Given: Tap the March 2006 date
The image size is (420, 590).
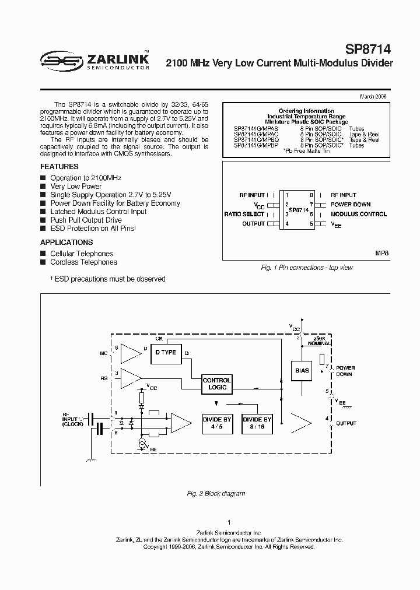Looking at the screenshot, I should tap(373, 97).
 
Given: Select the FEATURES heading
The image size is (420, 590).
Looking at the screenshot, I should tap(60, 166).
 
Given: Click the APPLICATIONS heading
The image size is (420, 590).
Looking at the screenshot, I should tap(66, 242).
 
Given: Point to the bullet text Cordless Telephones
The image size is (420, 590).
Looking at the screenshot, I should tap(83, 262).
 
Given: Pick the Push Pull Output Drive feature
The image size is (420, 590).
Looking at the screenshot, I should tap(86, 220).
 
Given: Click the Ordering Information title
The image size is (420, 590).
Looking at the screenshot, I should tap(306, 111).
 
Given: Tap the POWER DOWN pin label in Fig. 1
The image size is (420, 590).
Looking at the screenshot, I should tap(351, 205).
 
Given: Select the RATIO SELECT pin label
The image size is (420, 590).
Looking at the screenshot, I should tap(244, 214).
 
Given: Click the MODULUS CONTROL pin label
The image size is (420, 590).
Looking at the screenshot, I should tap(359, 214).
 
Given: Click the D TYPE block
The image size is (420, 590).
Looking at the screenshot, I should tap(165, 353).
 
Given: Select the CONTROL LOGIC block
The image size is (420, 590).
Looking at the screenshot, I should tap(216, 384).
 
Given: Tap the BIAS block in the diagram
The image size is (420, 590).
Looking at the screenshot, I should tap(302, 371).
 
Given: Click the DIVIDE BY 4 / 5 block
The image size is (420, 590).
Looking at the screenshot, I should tap(217, 423).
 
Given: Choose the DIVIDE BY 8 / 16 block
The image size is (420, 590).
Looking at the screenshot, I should tap(257, 423).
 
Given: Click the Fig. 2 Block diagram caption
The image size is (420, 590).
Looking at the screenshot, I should tap(216, 493).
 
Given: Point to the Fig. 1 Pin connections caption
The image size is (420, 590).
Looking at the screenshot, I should tap(306, 268).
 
